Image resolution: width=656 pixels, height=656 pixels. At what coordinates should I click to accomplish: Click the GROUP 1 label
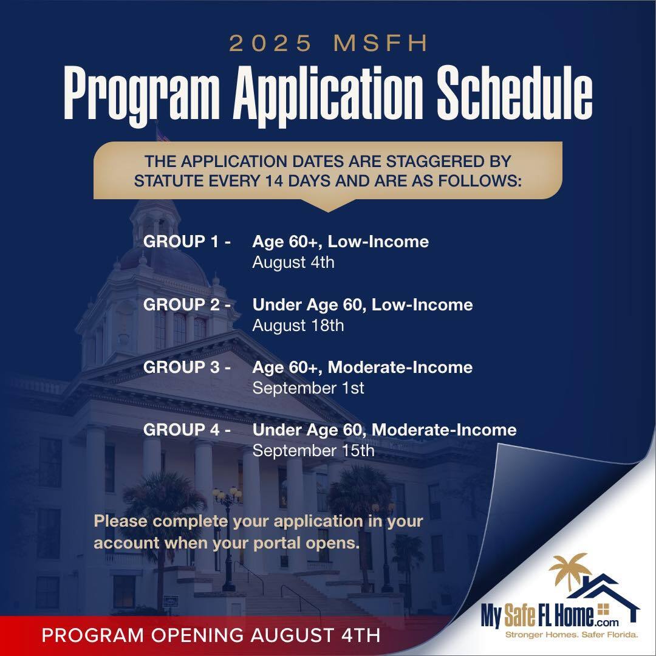[186, 242]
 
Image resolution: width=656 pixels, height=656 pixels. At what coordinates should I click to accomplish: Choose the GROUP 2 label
[186, 304]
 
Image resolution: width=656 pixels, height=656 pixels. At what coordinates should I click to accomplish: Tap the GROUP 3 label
[186, 367]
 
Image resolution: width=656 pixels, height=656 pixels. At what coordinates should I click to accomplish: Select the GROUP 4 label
[186, 430]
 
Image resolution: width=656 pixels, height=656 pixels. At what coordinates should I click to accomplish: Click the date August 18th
[298, 326]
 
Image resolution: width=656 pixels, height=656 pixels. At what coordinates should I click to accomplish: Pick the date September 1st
[309, 388]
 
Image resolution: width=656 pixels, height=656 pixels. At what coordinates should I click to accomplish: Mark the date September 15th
[313, 451]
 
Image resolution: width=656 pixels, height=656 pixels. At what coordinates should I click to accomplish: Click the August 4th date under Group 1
[293, 263]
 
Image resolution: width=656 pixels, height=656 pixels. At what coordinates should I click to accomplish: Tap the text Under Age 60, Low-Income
[363, 304]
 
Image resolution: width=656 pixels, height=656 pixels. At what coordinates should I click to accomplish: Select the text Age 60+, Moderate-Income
[363, 367]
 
